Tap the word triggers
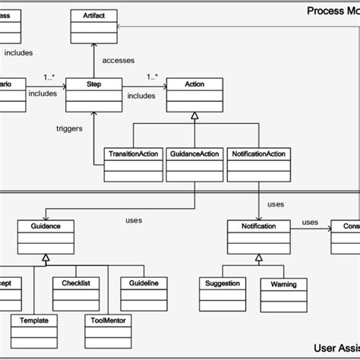coord(70,130)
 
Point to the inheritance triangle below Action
coord(194,115)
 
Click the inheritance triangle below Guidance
coord(46,260)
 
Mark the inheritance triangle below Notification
coord(257,260)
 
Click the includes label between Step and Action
coord(141,96)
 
